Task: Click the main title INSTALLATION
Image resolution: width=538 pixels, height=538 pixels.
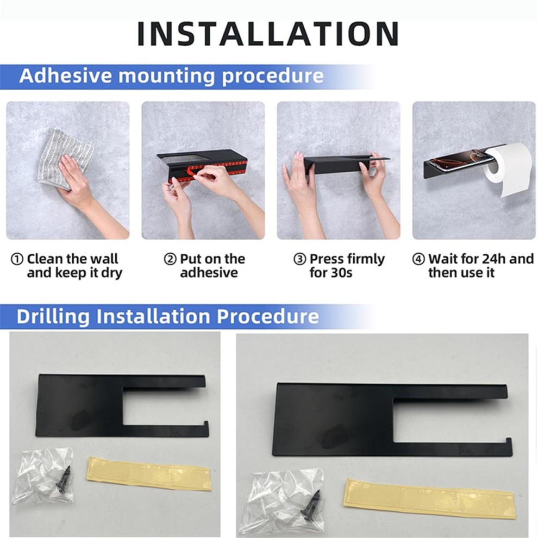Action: point(268,34)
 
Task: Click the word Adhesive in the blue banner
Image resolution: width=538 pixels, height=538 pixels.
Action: point(66,76)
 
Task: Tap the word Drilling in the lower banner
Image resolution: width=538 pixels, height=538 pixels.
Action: point(53,316)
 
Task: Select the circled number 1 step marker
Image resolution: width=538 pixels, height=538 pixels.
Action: point(17,259)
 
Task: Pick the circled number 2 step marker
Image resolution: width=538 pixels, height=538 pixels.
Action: point(170,259)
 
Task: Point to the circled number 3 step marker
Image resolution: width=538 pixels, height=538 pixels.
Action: point(299,259)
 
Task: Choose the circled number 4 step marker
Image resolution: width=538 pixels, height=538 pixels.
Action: point(418,259)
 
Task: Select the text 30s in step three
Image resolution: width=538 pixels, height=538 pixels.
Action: point(341,273)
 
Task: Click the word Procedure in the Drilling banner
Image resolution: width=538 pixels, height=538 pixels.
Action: point(267,316)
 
